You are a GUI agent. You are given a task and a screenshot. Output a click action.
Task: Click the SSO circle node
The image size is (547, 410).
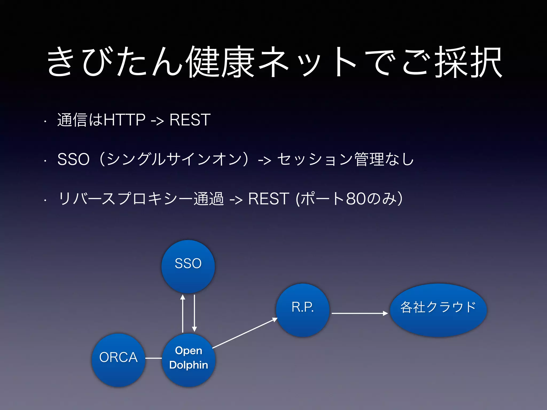click(188, 266)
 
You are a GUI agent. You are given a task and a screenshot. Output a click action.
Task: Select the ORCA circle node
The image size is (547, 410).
click(118, 360)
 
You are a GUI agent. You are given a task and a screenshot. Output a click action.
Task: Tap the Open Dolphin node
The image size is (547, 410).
click(189, 360)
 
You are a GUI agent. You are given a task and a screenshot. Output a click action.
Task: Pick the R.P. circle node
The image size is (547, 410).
click(303, 310)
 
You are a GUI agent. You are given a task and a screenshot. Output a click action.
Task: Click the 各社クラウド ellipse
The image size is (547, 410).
click(438, 310)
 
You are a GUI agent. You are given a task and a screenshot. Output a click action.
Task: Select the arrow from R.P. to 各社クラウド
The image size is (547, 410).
click(359, 313)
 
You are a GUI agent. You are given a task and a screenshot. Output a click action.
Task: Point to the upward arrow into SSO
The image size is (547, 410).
click(183, 314)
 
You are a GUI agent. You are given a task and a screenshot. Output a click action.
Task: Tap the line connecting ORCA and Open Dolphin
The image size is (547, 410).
click(154, 358)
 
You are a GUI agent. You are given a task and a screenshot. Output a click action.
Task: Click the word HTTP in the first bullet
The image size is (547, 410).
click(124, 120)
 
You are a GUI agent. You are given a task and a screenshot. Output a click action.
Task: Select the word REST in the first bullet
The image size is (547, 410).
click(190, 120)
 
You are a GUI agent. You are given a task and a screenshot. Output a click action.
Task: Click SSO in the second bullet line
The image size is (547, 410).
click(73, 159)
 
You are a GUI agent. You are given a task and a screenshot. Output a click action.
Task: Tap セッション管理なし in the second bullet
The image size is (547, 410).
click(345, 159)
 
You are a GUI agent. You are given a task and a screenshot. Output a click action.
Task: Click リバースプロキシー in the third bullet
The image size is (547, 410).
click(126, 199)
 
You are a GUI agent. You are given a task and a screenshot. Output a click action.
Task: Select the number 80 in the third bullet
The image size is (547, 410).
click(356, 199)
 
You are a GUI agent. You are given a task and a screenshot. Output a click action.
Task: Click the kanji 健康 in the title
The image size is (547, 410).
click(220, 62)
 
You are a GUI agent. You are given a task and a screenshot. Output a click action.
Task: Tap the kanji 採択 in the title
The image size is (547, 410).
click(469, 62)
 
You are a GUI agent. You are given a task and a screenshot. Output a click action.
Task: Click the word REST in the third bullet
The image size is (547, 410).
click(268, 199)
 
